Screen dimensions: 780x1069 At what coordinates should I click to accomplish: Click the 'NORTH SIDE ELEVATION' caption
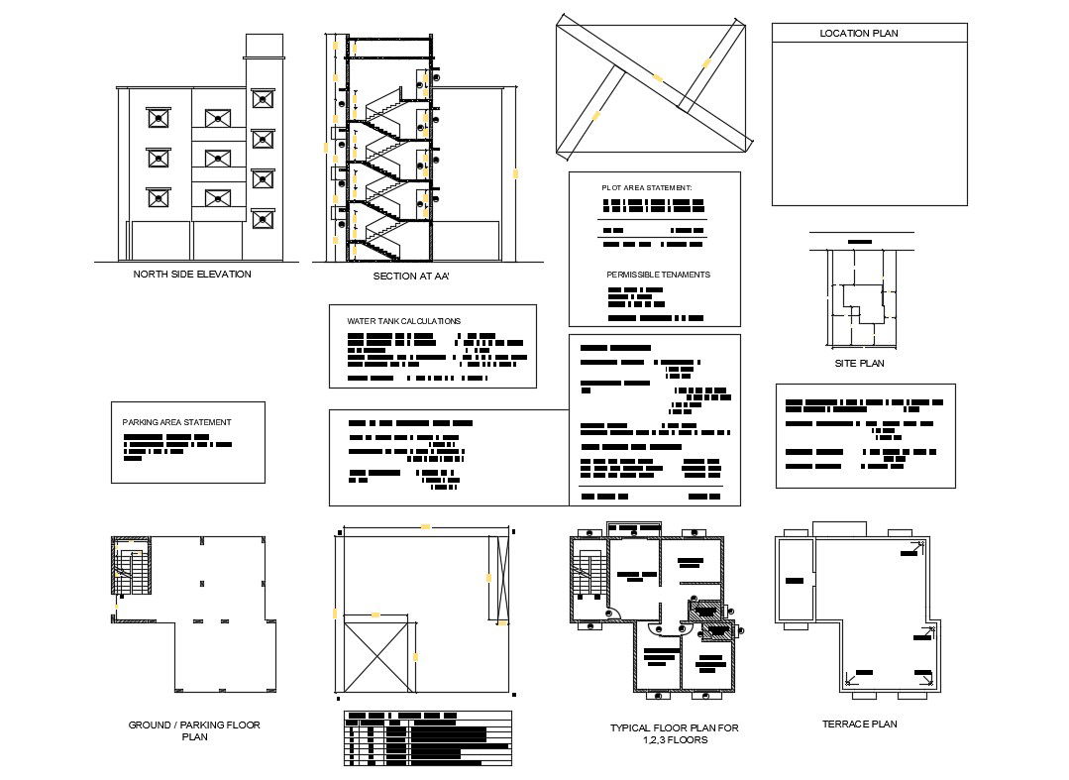191,275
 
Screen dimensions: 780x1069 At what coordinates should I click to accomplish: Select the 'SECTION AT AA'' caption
411,277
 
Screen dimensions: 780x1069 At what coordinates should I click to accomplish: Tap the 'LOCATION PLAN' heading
859,34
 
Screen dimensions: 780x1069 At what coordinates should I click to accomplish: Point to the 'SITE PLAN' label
859,364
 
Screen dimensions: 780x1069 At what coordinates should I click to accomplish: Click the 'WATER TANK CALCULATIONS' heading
403,321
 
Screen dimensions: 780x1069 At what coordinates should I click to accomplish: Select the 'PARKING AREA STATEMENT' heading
176,422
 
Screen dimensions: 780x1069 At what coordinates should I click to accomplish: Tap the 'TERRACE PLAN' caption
859,724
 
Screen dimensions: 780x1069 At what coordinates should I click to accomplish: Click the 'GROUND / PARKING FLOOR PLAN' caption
194,731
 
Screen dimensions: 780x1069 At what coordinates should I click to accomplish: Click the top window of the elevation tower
262,99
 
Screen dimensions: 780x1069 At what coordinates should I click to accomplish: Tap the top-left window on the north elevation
158,118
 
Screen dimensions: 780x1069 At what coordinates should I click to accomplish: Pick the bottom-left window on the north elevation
158,197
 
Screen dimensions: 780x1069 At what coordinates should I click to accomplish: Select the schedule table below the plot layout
427,739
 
